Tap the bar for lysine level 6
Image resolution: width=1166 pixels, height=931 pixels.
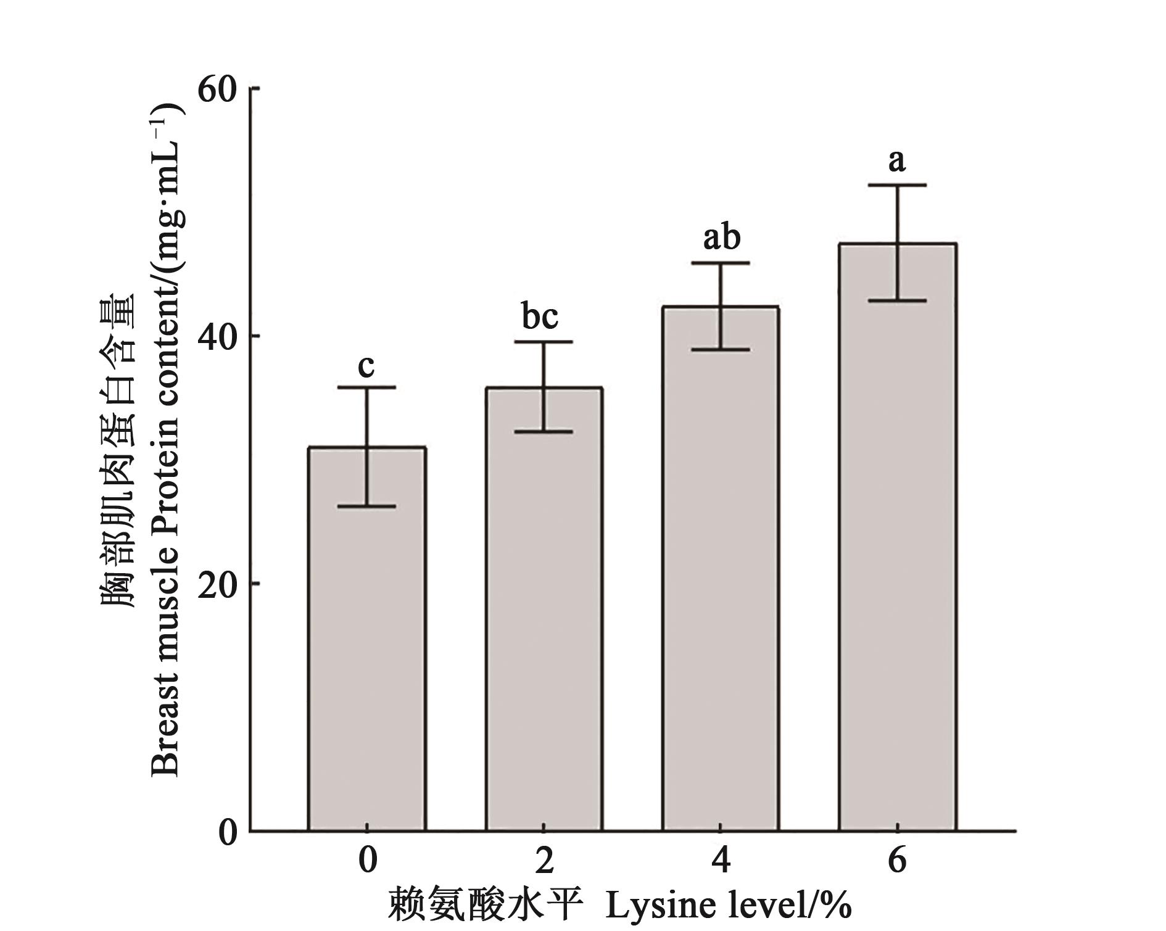tap(897, 537)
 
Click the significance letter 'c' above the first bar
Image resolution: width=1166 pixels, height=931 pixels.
tap(366, 366)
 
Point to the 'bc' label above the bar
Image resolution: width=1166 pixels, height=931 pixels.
tap(540, 317)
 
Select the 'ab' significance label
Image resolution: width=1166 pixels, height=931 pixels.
tap(722, 238)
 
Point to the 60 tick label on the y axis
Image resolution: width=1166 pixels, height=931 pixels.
tap(217, 90)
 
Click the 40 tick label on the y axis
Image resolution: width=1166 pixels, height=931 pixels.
tap(217, 337)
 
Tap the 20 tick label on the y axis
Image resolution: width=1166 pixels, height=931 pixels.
tap(217, 584)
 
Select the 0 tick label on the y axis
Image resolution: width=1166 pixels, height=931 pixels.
tap(227, 832)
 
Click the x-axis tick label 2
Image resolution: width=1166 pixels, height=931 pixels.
tap(544, 859)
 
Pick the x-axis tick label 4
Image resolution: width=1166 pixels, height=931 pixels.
tap(721, 859)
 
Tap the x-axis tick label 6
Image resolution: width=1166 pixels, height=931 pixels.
tap(897, 859)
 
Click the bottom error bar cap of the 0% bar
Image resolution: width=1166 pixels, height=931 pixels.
tap(367, 507)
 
